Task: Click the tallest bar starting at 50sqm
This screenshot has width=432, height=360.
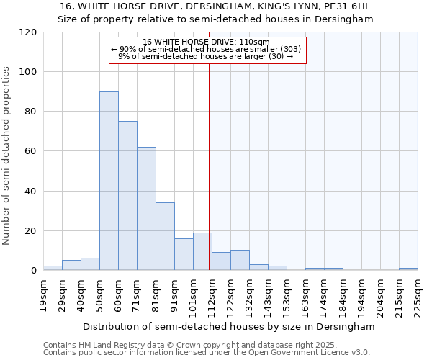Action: (x=109, y=181)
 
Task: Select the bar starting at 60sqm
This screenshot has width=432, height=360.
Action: (x=127, y=196)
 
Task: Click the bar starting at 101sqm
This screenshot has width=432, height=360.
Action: (x=202, y=251)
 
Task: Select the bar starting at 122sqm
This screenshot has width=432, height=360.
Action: (x=240, y=260)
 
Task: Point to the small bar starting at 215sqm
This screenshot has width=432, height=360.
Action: (x=408, y=269)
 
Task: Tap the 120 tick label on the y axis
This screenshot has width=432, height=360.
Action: (x=28, y=32)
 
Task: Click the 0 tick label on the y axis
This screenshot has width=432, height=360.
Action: (x=33, y=271)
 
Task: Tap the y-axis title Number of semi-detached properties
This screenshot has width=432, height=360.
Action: (x=6, y=156)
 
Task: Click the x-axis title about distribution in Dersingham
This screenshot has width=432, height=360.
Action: (x=229, y=326)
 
